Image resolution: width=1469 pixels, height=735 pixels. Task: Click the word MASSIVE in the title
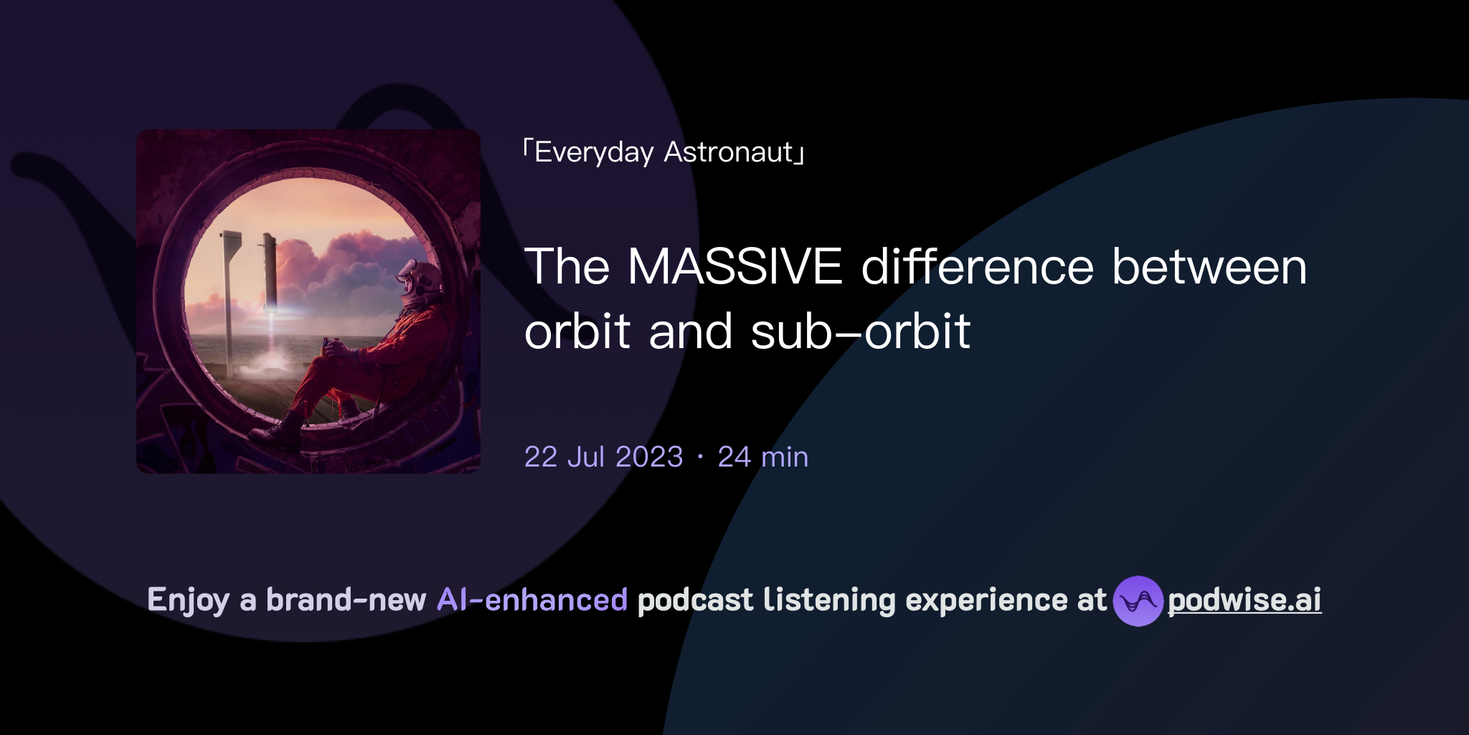(x=734, y=267)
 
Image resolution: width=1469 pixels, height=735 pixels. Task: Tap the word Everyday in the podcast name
(x=594, y=153)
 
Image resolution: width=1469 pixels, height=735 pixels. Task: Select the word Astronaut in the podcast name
(x=729, y=152)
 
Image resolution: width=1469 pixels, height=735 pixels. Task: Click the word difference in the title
(x=977, y=267)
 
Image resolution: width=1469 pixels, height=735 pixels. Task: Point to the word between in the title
(x=1209, y=267)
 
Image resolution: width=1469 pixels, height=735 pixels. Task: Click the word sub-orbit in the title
(x=861, y=332)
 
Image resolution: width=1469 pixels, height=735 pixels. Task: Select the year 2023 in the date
(x=649, y=457)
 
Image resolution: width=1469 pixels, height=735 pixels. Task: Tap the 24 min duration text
(x=762, y=457)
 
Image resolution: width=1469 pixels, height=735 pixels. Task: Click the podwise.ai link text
(x=1244, y=600)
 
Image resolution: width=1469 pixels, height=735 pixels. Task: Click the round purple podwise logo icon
(x=1138, y=601)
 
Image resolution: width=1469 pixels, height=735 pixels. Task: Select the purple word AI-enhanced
(x=532, y=600)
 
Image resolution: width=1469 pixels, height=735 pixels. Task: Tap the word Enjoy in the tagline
(x=188, y=600)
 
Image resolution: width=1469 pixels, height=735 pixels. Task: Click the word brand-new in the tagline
(x=346, y=600)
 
